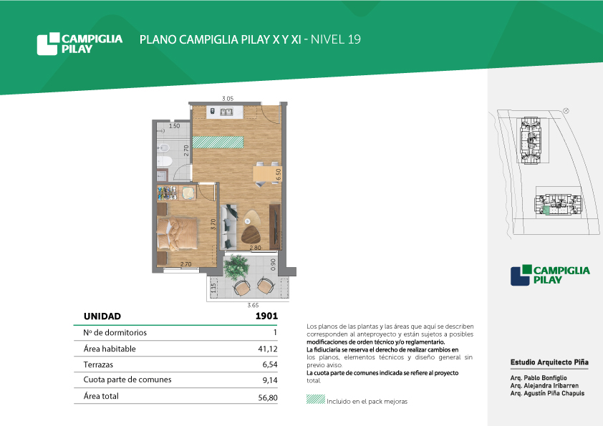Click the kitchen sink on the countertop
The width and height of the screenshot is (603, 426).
click(226, 112)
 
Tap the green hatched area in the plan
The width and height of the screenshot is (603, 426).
click(218, 142)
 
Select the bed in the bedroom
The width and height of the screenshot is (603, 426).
click(178, 233)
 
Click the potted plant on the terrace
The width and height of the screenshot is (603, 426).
click(236, 266)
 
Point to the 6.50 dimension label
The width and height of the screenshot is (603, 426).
click(278, 174)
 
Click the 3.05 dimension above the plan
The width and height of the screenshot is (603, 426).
click(228, 98)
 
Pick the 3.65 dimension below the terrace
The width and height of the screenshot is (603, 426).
click(253, 305)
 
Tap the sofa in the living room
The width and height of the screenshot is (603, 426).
click(229, 227)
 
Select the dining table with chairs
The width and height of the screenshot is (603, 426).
click(266, 174)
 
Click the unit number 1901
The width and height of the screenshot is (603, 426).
click(266, 316)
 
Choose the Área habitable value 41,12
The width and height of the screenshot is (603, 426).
click(268, 349)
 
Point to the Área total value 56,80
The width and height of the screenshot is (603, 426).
click(268, 397)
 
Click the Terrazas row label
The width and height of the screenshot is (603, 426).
click(98, 364)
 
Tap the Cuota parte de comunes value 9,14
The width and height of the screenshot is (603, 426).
click(270, 380)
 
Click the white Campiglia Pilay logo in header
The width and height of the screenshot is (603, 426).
click(79, 44)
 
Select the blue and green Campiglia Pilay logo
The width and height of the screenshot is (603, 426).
click(550, 275)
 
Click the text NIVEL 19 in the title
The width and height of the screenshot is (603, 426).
click(336, 39)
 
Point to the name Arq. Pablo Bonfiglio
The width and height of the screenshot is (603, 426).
click(539, 378)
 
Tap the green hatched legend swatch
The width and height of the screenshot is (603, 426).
click(316, 399)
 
